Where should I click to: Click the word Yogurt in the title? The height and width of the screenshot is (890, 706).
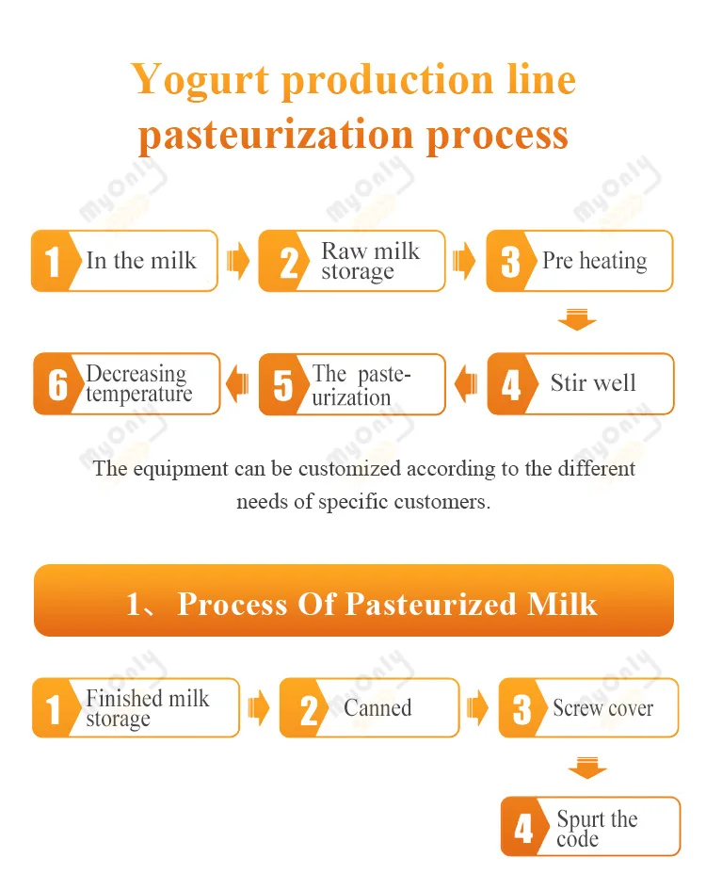pos(201,79)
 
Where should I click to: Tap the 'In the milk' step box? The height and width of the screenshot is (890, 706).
pos(140,261)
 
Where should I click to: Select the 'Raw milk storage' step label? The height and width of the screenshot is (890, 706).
pos(370,261)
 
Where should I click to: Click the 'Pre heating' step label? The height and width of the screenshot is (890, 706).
pos(594,261)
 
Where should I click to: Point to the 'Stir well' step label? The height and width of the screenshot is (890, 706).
pos(593,383)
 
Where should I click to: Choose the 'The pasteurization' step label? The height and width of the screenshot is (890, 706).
pos(362,385)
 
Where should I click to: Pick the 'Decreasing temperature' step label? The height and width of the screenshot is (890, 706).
pos(138,383)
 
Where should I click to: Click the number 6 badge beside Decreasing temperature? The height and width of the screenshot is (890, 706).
pos(57,384)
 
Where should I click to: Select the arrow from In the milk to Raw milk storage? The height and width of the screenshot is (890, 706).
pos(239,261)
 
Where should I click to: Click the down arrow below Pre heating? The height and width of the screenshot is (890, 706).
pos(577,321)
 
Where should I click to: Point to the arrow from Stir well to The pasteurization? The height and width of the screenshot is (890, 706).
pos(466,383)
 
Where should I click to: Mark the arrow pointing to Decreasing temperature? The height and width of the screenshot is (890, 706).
pos(239,383)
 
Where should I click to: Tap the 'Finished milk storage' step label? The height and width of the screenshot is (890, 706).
pos(147,708)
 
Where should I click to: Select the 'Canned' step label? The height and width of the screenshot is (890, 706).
pos(377,708)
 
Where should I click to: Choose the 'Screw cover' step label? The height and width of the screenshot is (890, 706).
pos(602,708)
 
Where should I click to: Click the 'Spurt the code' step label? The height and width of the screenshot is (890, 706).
pos(596,828)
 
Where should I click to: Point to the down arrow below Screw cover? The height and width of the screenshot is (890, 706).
pos(587,768)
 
